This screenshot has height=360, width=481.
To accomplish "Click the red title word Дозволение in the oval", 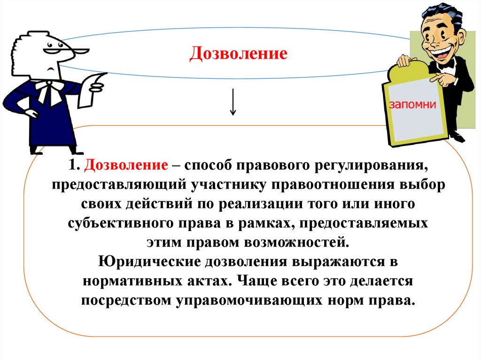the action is [x=238, y=54].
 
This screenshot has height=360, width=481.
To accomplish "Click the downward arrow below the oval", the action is [x=233, y=102].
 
